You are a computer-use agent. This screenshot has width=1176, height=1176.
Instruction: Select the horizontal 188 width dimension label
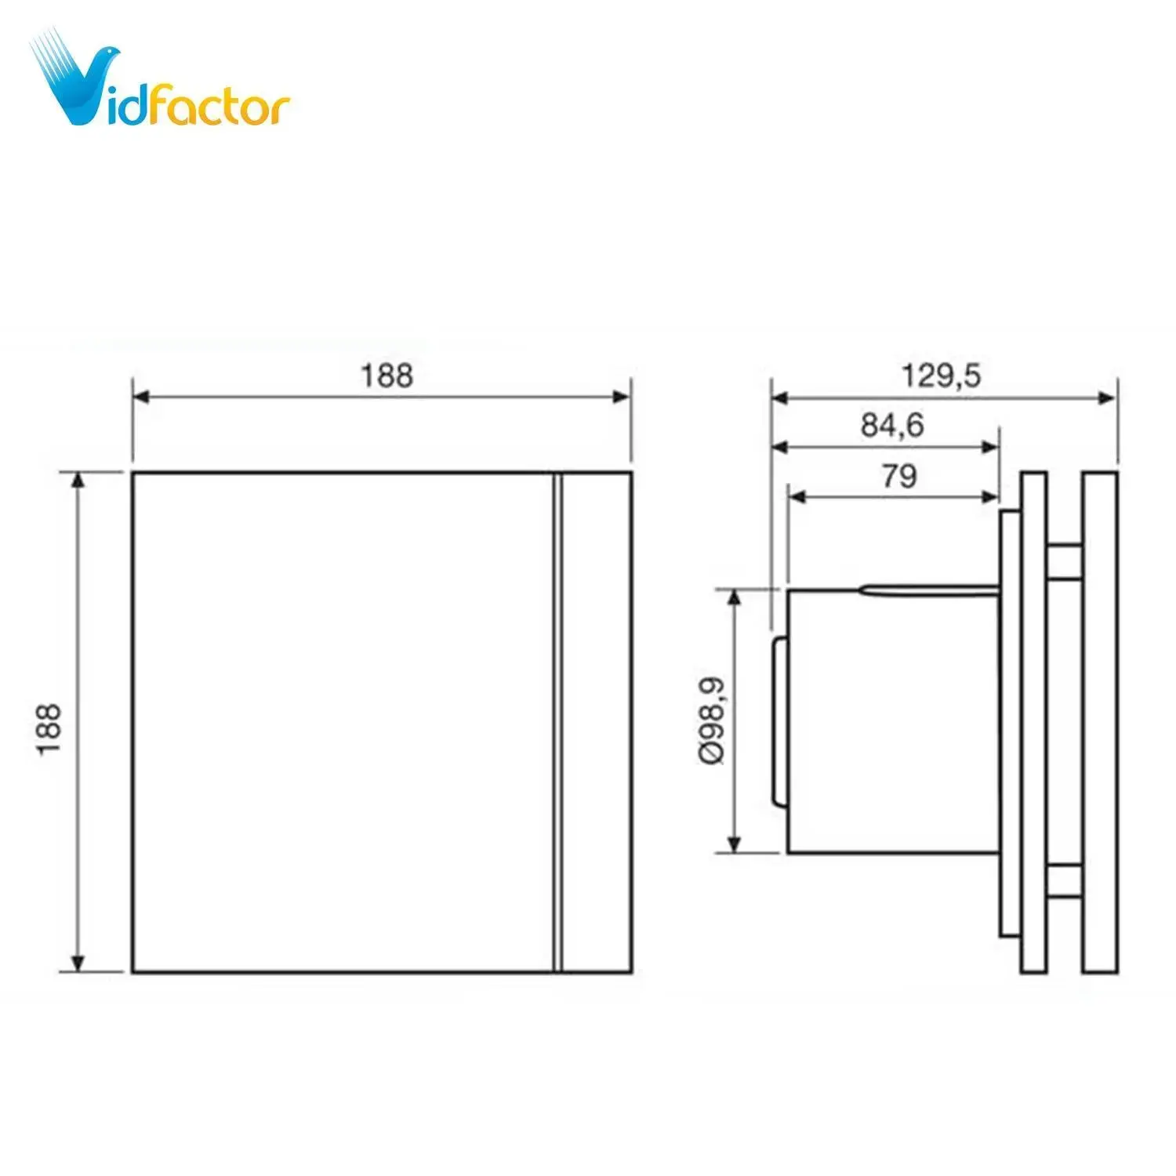[x=387, y=376]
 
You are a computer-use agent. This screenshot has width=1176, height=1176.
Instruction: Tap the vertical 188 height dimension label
[x=49, y=729]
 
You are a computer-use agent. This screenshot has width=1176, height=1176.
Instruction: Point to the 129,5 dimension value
[x=941, y=376]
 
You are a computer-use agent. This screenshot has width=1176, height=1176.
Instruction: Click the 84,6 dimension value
[x=893, y=425]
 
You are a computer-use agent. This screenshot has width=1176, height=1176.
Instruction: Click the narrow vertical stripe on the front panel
[x=558, y=722]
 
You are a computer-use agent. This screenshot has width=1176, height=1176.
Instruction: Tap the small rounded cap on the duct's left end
[x=779, y=721]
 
